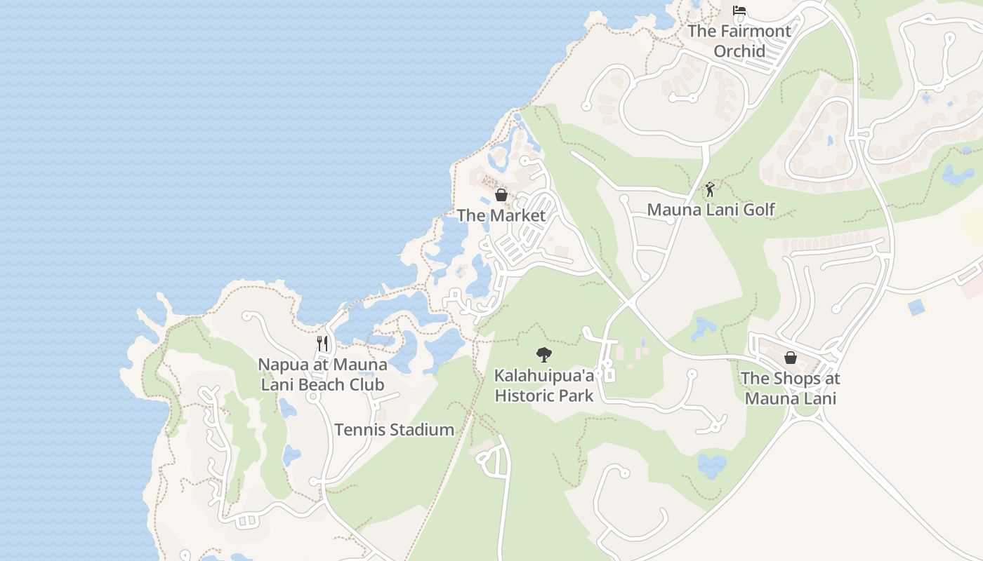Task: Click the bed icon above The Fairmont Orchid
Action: [x=739, y=11]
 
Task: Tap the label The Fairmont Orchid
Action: [x=739, y=41]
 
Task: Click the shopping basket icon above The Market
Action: [x=501, y=195]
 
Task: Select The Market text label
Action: [x=501, y=215]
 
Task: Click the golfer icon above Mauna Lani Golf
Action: [x=710, y=189]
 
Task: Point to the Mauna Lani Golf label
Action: [x=711, y=209]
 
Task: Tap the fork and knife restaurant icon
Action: [x=322, y=343]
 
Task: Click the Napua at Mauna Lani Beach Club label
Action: [x=322, y=374]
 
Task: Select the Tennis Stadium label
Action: [x=394, y=430]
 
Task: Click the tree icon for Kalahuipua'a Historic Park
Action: [x=543, y=355]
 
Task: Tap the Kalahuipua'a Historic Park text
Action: [x=544, y=386]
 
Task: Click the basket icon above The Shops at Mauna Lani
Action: [x=791, y=358]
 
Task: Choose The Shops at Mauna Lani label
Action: [x=791, y=388]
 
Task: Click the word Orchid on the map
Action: [x=739, y=51]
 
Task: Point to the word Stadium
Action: [x=423, y=430]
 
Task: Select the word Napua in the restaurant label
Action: [x=281, y=365]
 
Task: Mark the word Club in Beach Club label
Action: [x=367, y=384]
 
